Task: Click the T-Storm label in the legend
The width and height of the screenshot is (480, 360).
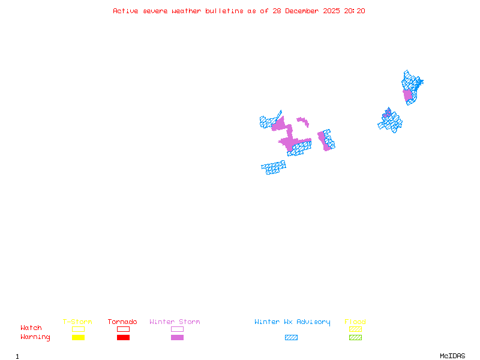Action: [77, 322]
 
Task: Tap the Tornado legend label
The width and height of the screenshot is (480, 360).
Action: [122, 322]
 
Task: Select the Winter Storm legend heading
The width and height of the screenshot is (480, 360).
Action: [175, 322]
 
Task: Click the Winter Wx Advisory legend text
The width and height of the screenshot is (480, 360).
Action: [292, 322]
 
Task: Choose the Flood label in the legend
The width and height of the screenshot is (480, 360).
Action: [355, 322]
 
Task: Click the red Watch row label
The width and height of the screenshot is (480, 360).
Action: [31, 328]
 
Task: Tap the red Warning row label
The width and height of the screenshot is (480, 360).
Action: [35, 337]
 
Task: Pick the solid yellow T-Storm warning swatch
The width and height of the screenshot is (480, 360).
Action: [78, 338]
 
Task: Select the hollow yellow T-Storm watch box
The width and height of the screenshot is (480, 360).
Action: [78, 329]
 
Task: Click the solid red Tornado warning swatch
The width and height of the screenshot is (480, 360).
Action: [123, 338]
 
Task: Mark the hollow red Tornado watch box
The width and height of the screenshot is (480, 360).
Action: [123, 329]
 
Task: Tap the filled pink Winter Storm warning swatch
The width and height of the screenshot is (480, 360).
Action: [177, 338]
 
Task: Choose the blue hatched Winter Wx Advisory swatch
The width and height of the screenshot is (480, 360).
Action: [291, 338]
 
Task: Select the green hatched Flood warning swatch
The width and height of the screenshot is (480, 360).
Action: [355, 338]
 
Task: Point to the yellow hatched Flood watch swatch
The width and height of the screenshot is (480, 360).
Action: [355, 329]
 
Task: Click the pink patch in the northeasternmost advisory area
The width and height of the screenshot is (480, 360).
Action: [408, 95]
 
